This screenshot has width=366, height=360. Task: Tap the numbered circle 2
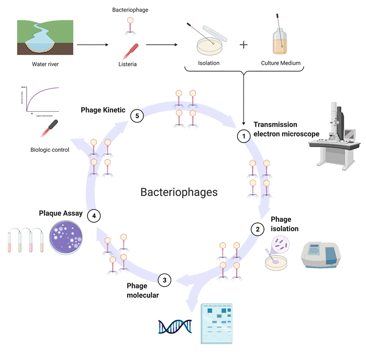tap(257, 228)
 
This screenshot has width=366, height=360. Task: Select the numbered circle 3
tap(165, 280)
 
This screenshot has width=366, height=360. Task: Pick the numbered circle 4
tap(94, 215)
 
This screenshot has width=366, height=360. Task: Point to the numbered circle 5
tap(137, 116)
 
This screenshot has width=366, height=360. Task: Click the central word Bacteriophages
tap(179, 192)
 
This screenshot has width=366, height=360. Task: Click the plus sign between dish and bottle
tap(243, 45)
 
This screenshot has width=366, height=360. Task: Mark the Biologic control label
tap(50, 150)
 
